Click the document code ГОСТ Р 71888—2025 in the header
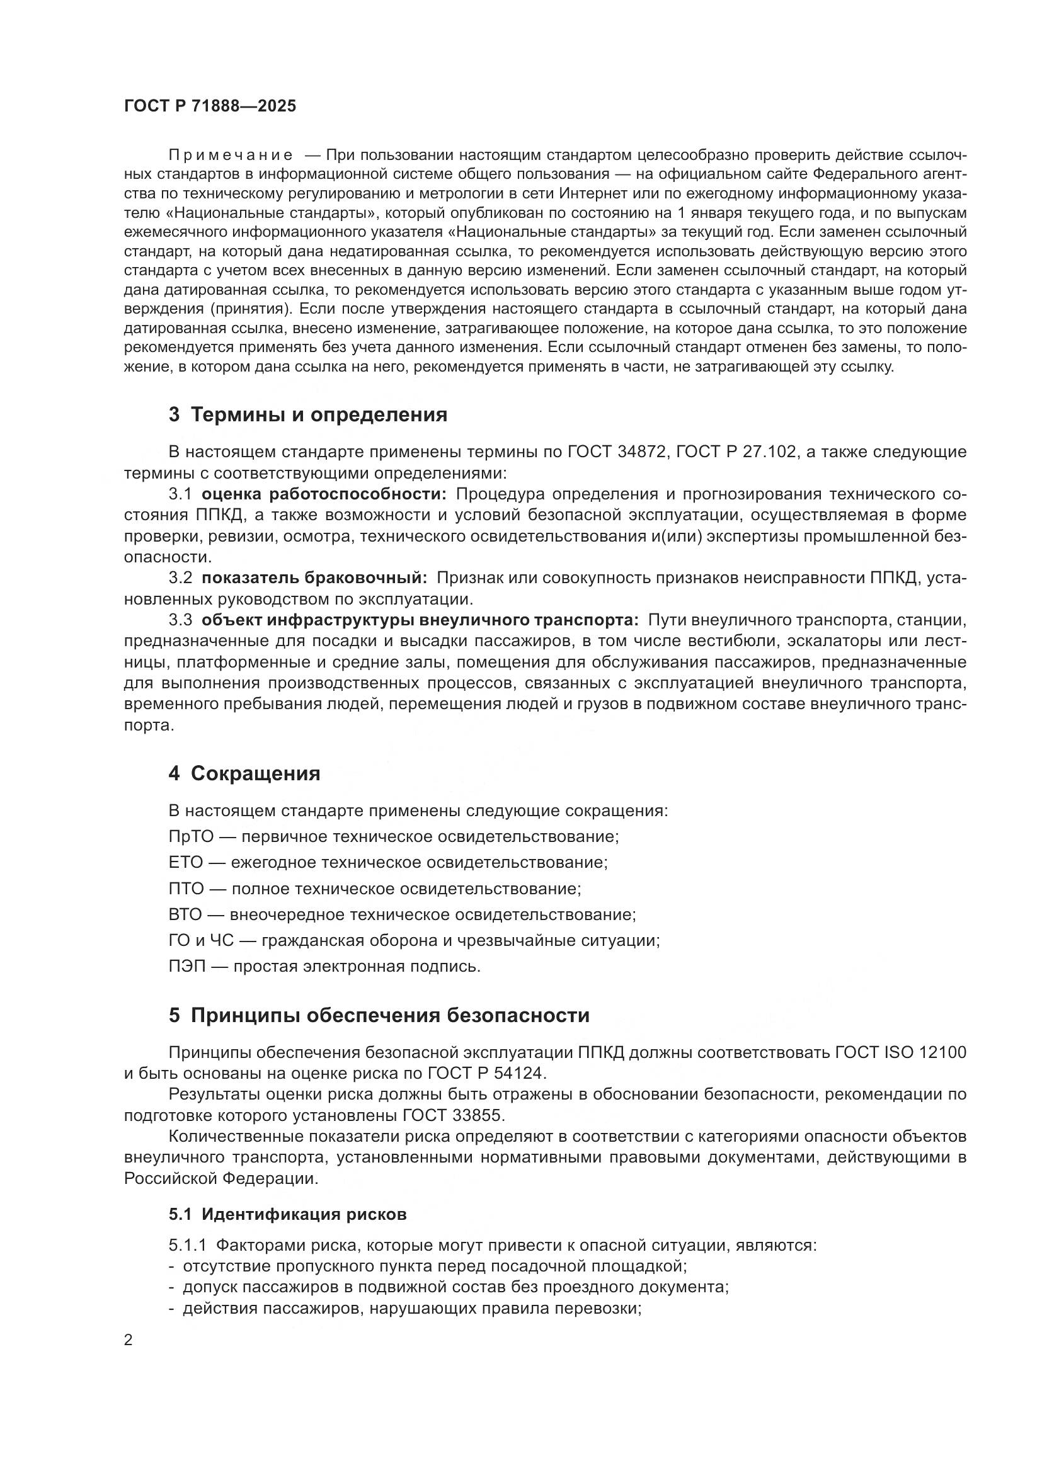click(x=210, y=106)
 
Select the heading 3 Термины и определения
click(x=308, y=415)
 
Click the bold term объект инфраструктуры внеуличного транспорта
click(x=420, y=620)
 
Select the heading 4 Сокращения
click(x=244, y=774)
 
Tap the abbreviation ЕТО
click(x=185, y=862)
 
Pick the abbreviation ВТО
click(x=185, y=914)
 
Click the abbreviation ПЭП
click(x=186, y=966)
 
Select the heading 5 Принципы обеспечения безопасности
click(x=379, y=1016)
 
